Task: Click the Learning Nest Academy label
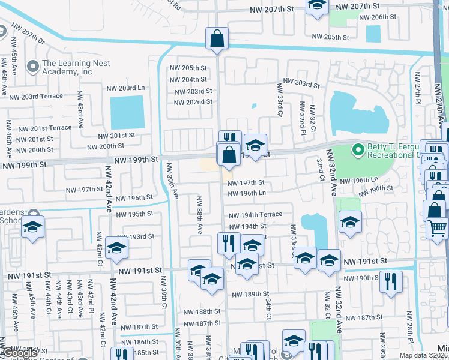(x=67, y=67)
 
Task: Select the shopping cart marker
(x=438, y=228)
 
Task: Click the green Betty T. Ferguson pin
(x=358, y=149)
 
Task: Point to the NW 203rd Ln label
(x=126, y=88)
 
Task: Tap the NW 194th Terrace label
(x=255, y=214)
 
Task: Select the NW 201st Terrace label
(x=44, y=128)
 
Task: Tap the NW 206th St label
(x=378, y=17)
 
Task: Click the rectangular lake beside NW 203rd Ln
(x=127, y=112)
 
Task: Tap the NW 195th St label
(x=135, y=214)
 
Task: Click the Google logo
(x=20, y=353)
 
